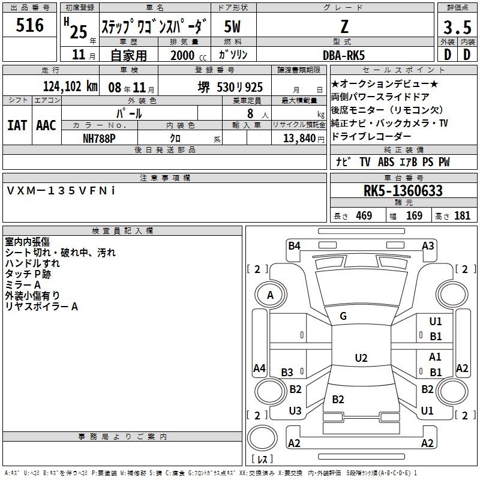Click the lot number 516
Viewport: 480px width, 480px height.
[29, 25]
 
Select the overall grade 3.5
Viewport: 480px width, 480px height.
[457, 27]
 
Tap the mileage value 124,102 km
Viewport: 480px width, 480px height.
[70, 86]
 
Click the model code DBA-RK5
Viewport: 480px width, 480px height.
[344, 55]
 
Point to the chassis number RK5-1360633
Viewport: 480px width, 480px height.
[403, 191]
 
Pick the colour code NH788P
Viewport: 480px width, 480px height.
[99, 139]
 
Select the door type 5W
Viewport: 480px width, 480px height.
[232, 26]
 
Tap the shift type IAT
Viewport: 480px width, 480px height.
[17, 125]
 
